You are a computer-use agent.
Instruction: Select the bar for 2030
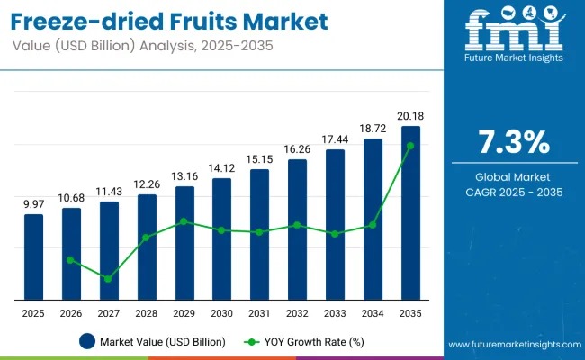(x=221, y=238)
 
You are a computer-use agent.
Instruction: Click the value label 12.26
(x=147, y=184)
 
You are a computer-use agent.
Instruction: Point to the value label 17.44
(x=335, y=139)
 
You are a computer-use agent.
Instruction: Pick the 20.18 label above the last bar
(x=410, y=116)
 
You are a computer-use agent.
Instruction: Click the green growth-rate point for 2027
(x=108, y=279)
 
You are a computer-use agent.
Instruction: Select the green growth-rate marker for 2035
(x=410, y=145)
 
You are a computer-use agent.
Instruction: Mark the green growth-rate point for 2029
(x=184, y=221)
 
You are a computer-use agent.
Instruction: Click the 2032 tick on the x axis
(x=297, y=312)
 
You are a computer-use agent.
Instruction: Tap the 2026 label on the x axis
(x=71, y=312)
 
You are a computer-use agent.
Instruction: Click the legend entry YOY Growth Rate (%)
(x=307, y=341)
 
